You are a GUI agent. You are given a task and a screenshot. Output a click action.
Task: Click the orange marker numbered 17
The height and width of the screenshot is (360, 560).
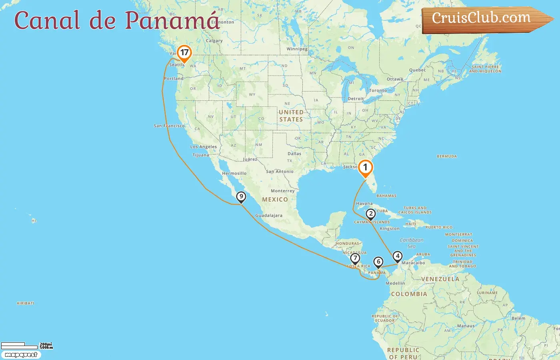click(184, 53)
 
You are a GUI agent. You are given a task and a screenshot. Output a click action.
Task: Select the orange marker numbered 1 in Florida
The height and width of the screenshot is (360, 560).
click(365, 168)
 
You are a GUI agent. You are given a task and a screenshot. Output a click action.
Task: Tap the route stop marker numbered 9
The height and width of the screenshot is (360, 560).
click(241, 197)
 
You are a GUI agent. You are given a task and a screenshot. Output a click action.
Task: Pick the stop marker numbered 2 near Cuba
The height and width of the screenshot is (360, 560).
click(371, 214)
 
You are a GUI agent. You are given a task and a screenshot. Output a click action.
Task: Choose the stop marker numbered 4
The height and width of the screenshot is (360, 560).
click(397, 256)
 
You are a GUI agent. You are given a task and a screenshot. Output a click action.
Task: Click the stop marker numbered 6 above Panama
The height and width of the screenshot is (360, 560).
click(378, 262)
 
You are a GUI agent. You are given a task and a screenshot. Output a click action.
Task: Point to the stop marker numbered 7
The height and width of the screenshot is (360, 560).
click(355, 258)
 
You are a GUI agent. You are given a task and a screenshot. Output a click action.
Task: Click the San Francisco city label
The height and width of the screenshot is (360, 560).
click(169, 126)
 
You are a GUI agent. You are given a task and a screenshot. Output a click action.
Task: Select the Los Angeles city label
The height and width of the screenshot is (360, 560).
click(204, 147)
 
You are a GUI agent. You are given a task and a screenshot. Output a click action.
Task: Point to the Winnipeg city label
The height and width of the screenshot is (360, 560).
click(297, 49)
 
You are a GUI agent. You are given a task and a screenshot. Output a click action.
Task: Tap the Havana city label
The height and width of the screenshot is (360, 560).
click(364, 204)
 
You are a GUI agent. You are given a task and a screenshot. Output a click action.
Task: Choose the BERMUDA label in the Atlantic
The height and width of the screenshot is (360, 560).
click(446, 156)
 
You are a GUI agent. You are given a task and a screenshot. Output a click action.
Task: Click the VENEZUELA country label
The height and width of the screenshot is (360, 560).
click(440, 279)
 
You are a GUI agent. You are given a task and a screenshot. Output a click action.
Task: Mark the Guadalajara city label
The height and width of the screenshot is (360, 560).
click(269, 216)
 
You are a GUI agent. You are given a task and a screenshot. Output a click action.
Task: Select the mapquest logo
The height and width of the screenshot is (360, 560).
click(21, 355)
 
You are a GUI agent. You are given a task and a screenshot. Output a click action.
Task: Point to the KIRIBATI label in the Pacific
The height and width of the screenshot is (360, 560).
click(25, 303)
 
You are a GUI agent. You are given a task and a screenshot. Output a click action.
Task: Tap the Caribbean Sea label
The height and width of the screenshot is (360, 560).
click(412, 243)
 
